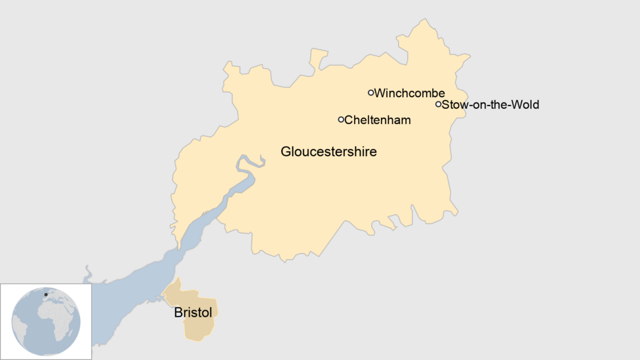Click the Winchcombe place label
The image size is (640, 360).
pyautogui.click(x=409, y=93)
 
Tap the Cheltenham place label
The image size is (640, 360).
pyautogui.click(x=378, y=120)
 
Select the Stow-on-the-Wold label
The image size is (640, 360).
pyautogui.click(x=490, y=104)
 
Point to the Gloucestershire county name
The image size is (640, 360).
pyautogui.click(x=329, y=151)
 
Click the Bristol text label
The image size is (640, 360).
pyautogui.click(x=193, y=313)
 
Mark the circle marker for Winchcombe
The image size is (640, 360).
pyautogui.click(x=371, y=92)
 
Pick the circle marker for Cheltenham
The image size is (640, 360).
pyautogui.click(x=341, y=119)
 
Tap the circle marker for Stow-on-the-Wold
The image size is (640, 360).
pyautogui.click(x=439, y=104)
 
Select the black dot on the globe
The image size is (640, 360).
pyautogui.click(x=45, y=295)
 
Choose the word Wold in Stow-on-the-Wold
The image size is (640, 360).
pyautogui.click(x=527, y=104)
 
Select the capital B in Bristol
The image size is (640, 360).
pyautogui.click(x=178, y=313)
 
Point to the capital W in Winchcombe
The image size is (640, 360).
pyautogui.click(x=380, y=93)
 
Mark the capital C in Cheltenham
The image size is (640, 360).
pyautogui.click(x=349, y=120)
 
